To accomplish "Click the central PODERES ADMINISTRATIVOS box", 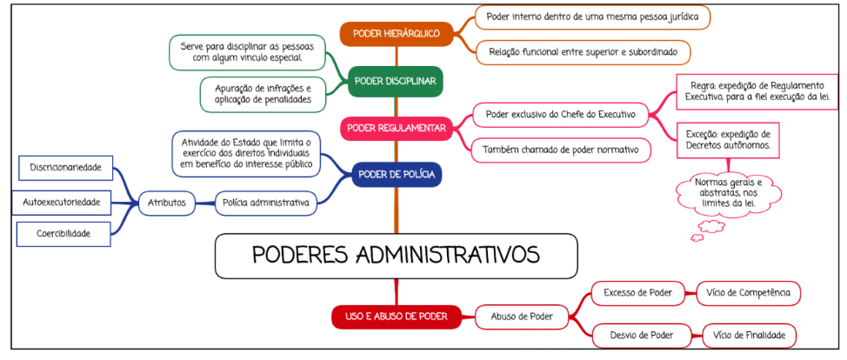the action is (396, 255).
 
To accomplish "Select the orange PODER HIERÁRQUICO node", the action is (396, 34).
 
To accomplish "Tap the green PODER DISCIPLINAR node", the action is (396, 81).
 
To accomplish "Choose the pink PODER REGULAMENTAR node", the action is (396, 129).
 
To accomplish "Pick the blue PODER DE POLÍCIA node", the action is (396, 175).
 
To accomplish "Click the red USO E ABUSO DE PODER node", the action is (396, 317).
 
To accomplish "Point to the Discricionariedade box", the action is (63, 166).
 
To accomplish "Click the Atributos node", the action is (166, 203).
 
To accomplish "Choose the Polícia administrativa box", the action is (265, 203).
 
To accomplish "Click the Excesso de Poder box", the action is (637, 293).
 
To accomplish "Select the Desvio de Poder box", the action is (637, 335).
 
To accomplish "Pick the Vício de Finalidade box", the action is (749, 335).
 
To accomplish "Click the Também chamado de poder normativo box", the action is (561, 150).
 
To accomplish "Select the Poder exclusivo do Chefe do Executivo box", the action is (561, 114).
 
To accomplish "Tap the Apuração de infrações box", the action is (257, 95).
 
